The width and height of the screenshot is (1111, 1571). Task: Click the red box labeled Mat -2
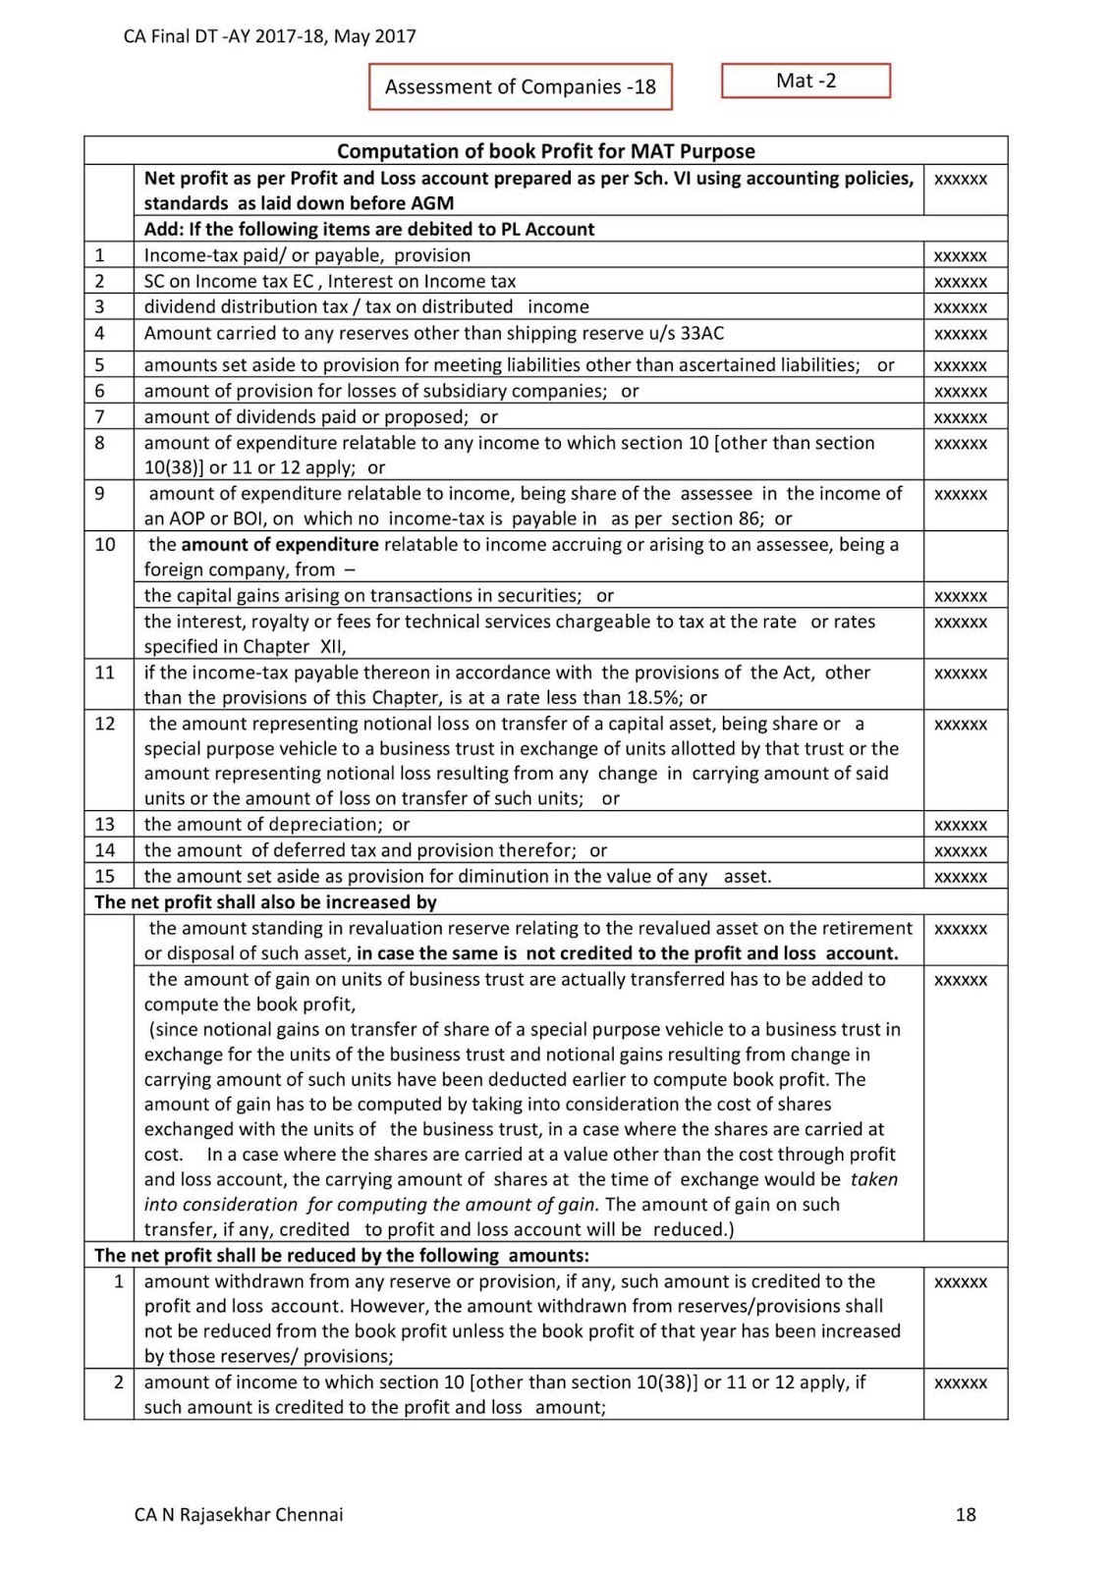805,81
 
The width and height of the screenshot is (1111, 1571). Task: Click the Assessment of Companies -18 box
520,86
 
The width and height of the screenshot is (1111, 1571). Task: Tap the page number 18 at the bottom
965,1514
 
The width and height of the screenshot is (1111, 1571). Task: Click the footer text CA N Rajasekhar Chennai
239,1514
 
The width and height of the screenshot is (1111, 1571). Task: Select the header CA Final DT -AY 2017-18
269,36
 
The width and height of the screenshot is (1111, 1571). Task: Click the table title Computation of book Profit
545,151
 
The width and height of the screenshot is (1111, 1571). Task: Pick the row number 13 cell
105,824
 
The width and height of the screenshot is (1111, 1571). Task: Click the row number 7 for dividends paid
99,416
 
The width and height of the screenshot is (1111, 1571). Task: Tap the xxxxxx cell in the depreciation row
960,825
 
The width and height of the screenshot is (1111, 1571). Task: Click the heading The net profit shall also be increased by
265,901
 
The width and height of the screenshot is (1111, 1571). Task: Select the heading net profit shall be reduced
341,1255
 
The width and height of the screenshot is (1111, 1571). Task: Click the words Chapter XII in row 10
292,647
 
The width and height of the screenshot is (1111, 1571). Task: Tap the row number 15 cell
105,876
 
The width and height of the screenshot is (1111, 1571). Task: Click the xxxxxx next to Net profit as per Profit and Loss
960,180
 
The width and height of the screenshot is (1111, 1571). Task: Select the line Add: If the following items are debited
368,229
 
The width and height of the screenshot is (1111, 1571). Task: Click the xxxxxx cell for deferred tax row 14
960,850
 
